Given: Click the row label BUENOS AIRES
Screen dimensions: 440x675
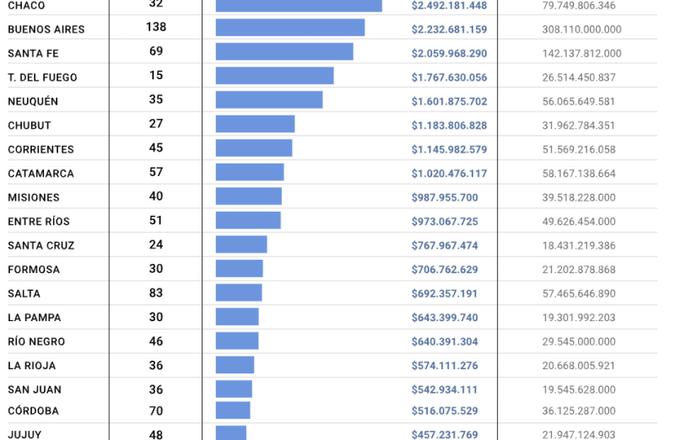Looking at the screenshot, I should (x=46, y=30).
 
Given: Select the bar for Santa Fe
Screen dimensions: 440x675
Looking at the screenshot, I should (x=284, y=52).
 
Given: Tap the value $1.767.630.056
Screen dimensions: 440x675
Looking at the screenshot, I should (x=449, y=78).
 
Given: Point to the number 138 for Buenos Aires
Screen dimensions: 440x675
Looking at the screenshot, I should (x=156, y=27).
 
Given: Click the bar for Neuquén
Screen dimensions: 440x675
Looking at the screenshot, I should (x=269, y=100).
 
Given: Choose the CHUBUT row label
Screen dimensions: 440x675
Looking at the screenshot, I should (x=30, y=126).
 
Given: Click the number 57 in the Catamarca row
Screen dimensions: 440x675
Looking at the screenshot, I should (x=156, y=172).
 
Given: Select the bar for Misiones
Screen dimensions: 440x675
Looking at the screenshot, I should (x=249, y=196).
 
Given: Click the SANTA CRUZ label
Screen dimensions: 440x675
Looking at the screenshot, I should (x=41, y=246).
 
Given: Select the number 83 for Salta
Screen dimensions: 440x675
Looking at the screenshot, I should (x=156, y=292).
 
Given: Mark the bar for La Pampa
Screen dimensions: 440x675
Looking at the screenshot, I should (x=237, y=317).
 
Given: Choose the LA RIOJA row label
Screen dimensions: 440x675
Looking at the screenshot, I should (x=32, y=366).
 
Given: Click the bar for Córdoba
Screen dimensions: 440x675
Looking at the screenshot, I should (x=233, y=410).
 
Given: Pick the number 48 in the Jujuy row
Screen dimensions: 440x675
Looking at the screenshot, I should (x=156, y=434).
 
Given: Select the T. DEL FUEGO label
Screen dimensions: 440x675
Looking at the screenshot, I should (x=42, y=78).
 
